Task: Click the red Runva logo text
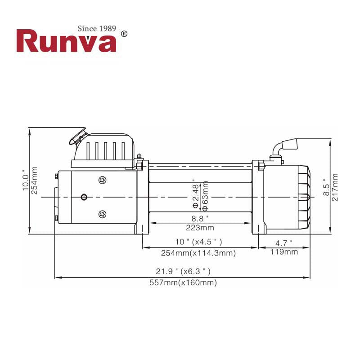point(66,41)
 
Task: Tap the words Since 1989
point(97,28)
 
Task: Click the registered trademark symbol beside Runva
point(125,34)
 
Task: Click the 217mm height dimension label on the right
point(334,187)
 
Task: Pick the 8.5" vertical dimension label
point(326,187)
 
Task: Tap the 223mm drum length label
point(198,227)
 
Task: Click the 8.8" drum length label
point(198,218)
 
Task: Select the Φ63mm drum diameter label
point(205,196)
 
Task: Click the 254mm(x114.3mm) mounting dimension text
point(198,253)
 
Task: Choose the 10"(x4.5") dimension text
point(198,243)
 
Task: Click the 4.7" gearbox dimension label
point(284,243)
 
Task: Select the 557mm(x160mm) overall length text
point(183,283)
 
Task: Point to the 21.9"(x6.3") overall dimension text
point(183,271)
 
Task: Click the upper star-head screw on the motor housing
point(103,180)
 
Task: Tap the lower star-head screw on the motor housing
point(103,214)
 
